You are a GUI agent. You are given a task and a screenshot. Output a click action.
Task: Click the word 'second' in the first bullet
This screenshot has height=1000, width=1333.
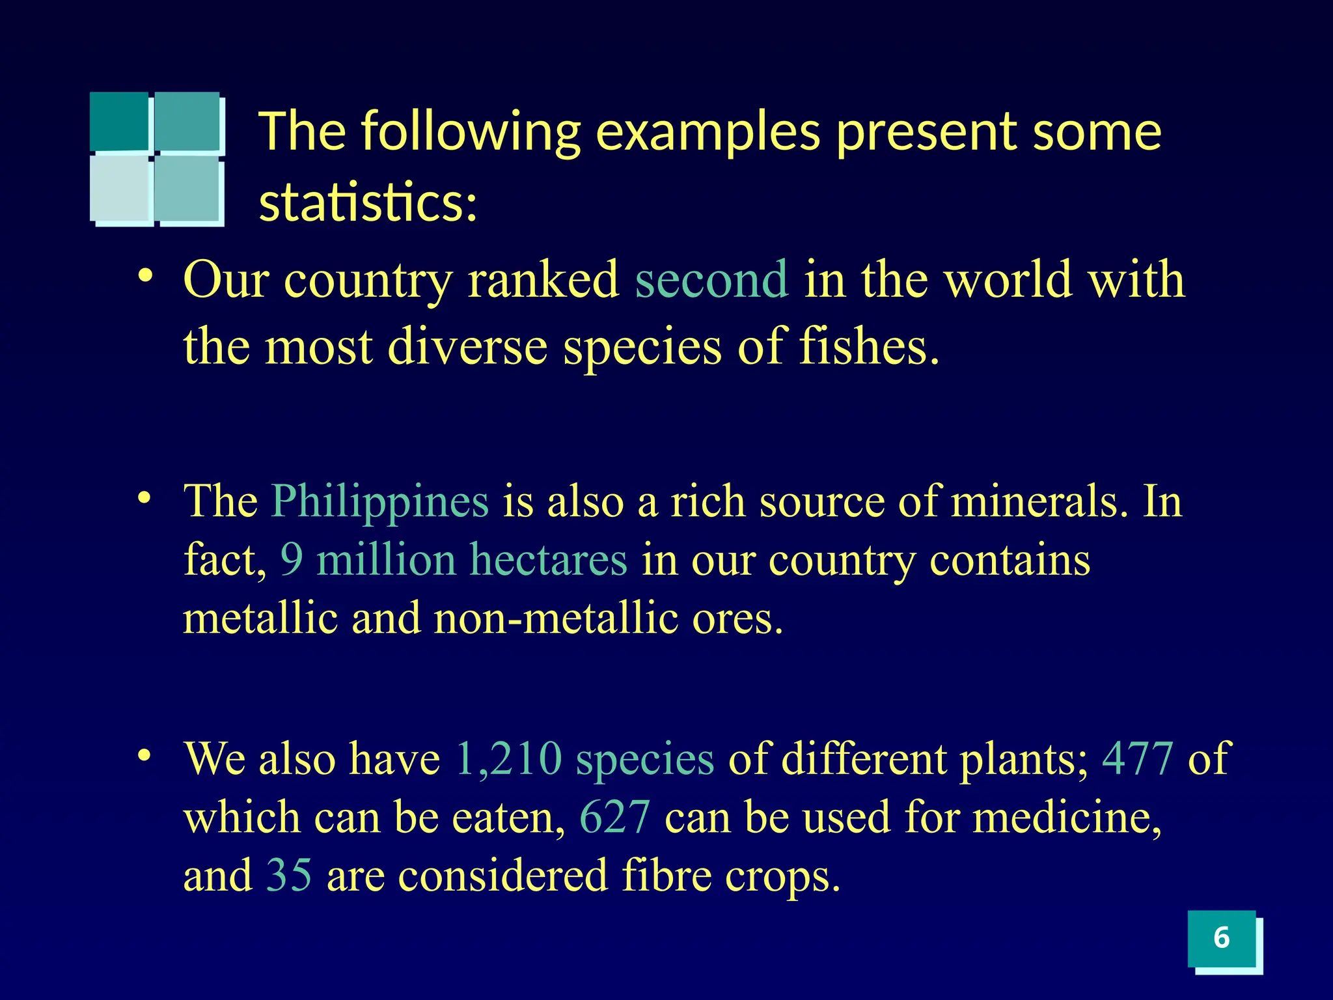(x=711, y=280)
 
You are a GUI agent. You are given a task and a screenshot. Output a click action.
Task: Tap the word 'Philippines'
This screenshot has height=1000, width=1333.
(x=379, y=501)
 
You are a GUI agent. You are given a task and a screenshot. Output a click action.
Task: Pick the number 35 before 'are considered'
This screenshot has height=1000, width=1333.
(x=289, y=875)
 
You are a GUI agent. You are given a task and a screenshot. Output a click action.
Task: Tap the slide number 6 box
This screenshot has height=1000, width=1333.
(x=1222, y=938)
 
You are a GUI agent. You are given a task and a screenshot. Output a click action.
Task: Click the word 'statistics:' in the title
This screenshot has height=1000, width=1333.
(x=368, y=202)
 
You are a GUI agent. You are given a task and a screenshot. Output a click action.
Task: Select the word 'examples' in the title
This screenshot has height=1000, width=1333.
(x=708, y=133)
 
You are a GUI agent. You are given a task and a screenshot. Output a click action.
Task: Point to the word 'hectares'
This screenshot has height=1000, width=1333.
(x=548, y=560)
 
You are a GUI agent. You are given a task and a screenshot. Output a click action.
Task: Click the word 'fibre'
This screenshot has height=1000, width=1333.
(x=666, y=875)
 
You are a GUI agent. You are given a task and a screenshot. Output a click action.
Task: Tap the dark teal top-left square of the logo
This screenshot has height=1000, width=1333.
(x=119, y=121)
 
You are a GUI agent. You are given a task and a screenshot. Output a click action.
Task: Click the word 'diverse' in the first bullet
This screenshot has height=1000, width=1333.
(x=467, y=346)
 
